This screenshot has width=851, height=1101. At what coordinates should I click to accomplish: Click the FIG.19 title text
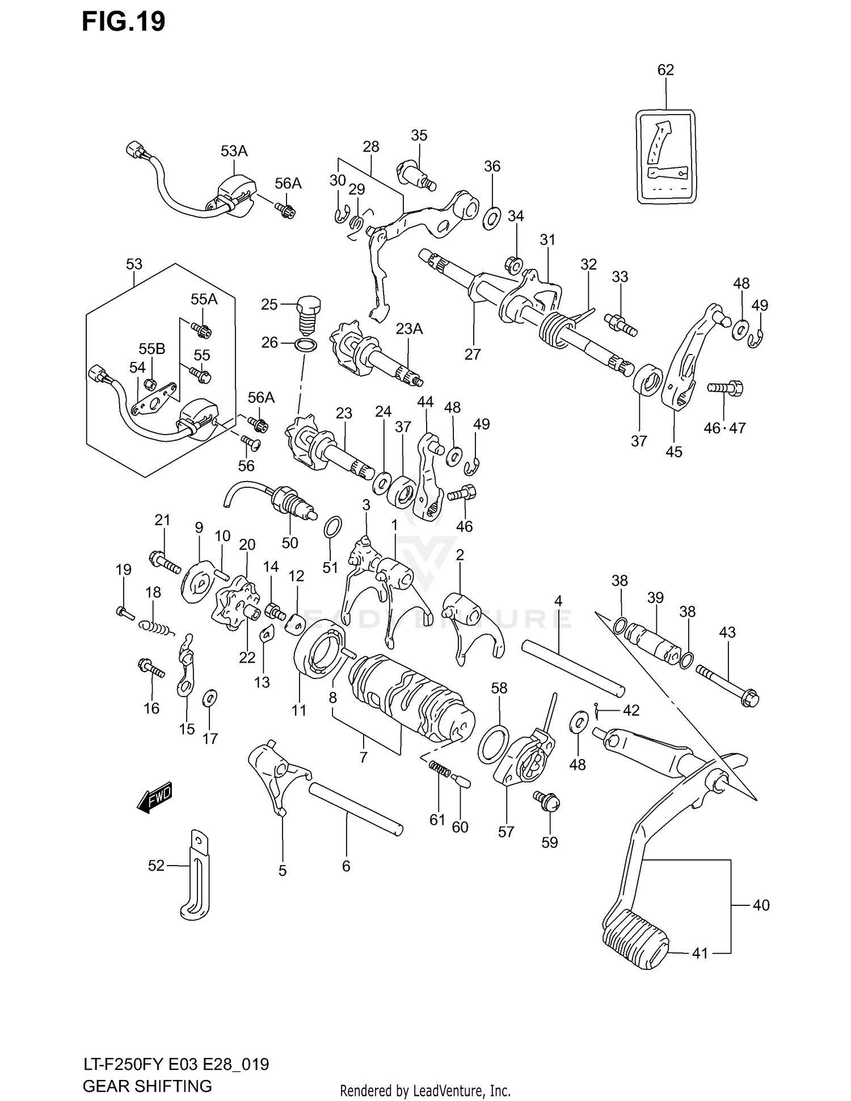tap(123, 22)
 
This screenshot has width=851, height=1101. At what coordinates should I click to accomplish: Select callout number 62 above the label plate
tap(665, 70)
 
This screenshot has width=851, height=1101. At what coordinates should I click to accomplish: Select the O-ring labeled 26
tap(306, 344)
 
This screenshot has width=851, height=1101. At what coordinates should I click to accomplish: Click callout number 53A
tap(234, 151)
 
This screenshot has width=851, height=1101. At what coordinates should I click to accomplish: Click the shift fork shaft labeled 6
tap(356, 808)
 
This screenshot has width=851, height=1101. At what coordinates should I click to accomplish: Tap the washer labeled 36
tap(491, 218)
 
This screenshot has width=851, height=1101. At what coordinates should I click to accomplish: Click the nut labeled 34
tap(513, 264)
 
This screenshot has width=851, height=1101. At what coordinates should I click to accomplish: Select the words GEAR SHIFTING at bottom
tap(147, 1086)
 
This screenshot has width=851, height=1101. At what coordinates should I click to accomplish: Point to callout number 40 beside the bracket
tap(760, 905)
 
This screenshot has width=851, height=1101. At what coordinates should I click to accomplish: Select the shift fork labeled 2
tap(472, 624)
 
